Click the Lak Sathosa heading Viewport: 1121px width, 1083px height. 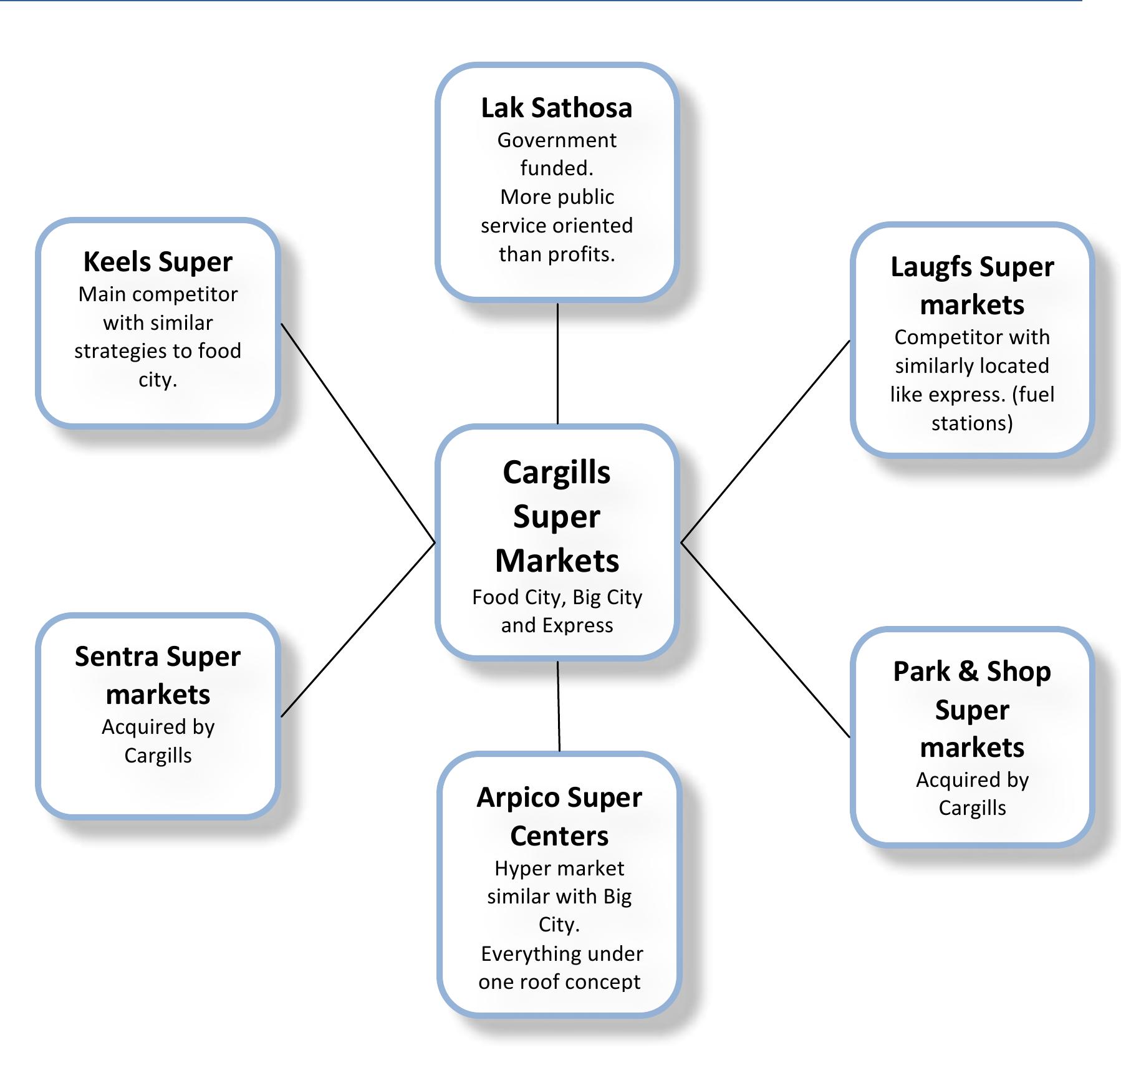pos(556,108)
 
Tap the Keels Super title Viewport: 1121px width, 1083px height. pos(158,262)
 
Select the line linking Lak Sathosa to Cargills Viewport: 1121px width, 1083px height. pos(557,363)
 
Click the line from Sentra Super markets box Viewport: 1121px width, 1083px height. pos(357,630)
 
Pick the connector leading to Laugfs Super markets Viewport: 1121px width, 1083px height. pos(765,442)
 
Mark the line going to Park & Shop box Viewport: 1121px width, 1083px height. pos(765,640)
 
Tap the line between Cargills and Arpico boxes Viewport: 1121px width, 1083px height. pos(559,706)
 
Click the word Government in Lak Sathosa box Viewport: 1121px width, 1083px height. pos(556,140)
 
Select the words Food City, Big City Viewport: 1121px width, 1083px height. pos(557,597)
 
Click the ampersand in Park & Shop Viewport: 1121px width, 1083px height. pos(968,672)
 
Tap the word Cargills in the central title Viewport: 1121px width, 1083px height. pos(557,473)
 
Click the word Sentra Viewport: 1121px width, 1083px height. pos(117,657)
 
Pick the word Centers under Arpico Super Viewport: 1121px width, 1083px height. pos(559,836)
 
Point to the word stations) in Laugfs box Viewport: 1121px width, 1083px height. pos(971,423)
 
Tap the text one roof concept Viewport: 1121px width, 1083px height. pos(559,982)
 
